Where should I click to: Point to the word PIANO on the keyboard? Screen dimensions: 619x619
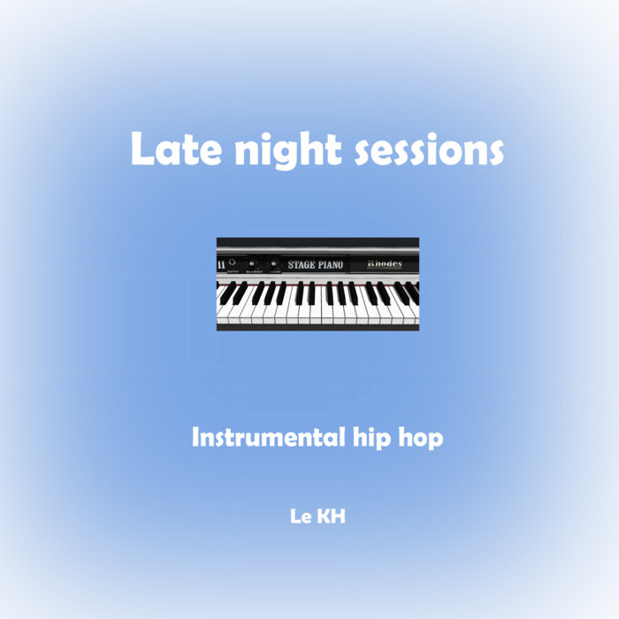tap(331, 264)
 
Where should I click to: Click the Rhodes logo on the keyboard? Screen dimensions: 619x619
tap(385, 264)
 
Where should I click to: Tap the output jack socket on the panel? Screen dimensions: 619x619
tap(232, 262)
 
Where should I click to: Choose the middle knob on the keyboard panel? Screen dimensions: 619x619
tap(251, 264)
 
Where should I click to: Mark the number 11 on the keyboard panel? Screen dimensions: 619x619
tap(221, 264)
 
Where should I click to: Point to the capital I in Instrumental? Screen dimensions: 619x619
tap(196, 438)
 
